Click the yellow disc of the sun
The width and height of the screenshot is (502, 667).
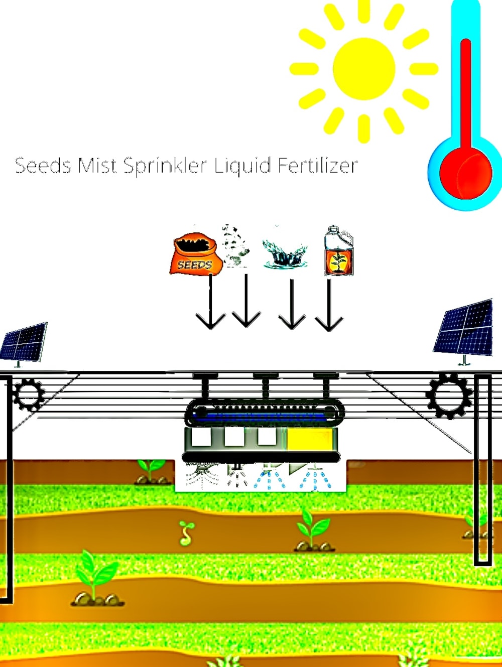tap(364, 69)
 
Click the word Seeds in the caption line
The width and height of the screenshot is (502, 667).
tap(43, 166)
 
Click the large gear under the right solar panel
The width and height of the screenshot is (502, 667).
tap(449, 395)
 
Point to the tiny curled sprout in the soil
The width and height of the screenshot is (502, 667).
tap(187, 533)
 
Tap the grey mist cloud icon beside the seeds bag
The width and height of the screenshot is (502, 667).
tap(235, 246)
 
